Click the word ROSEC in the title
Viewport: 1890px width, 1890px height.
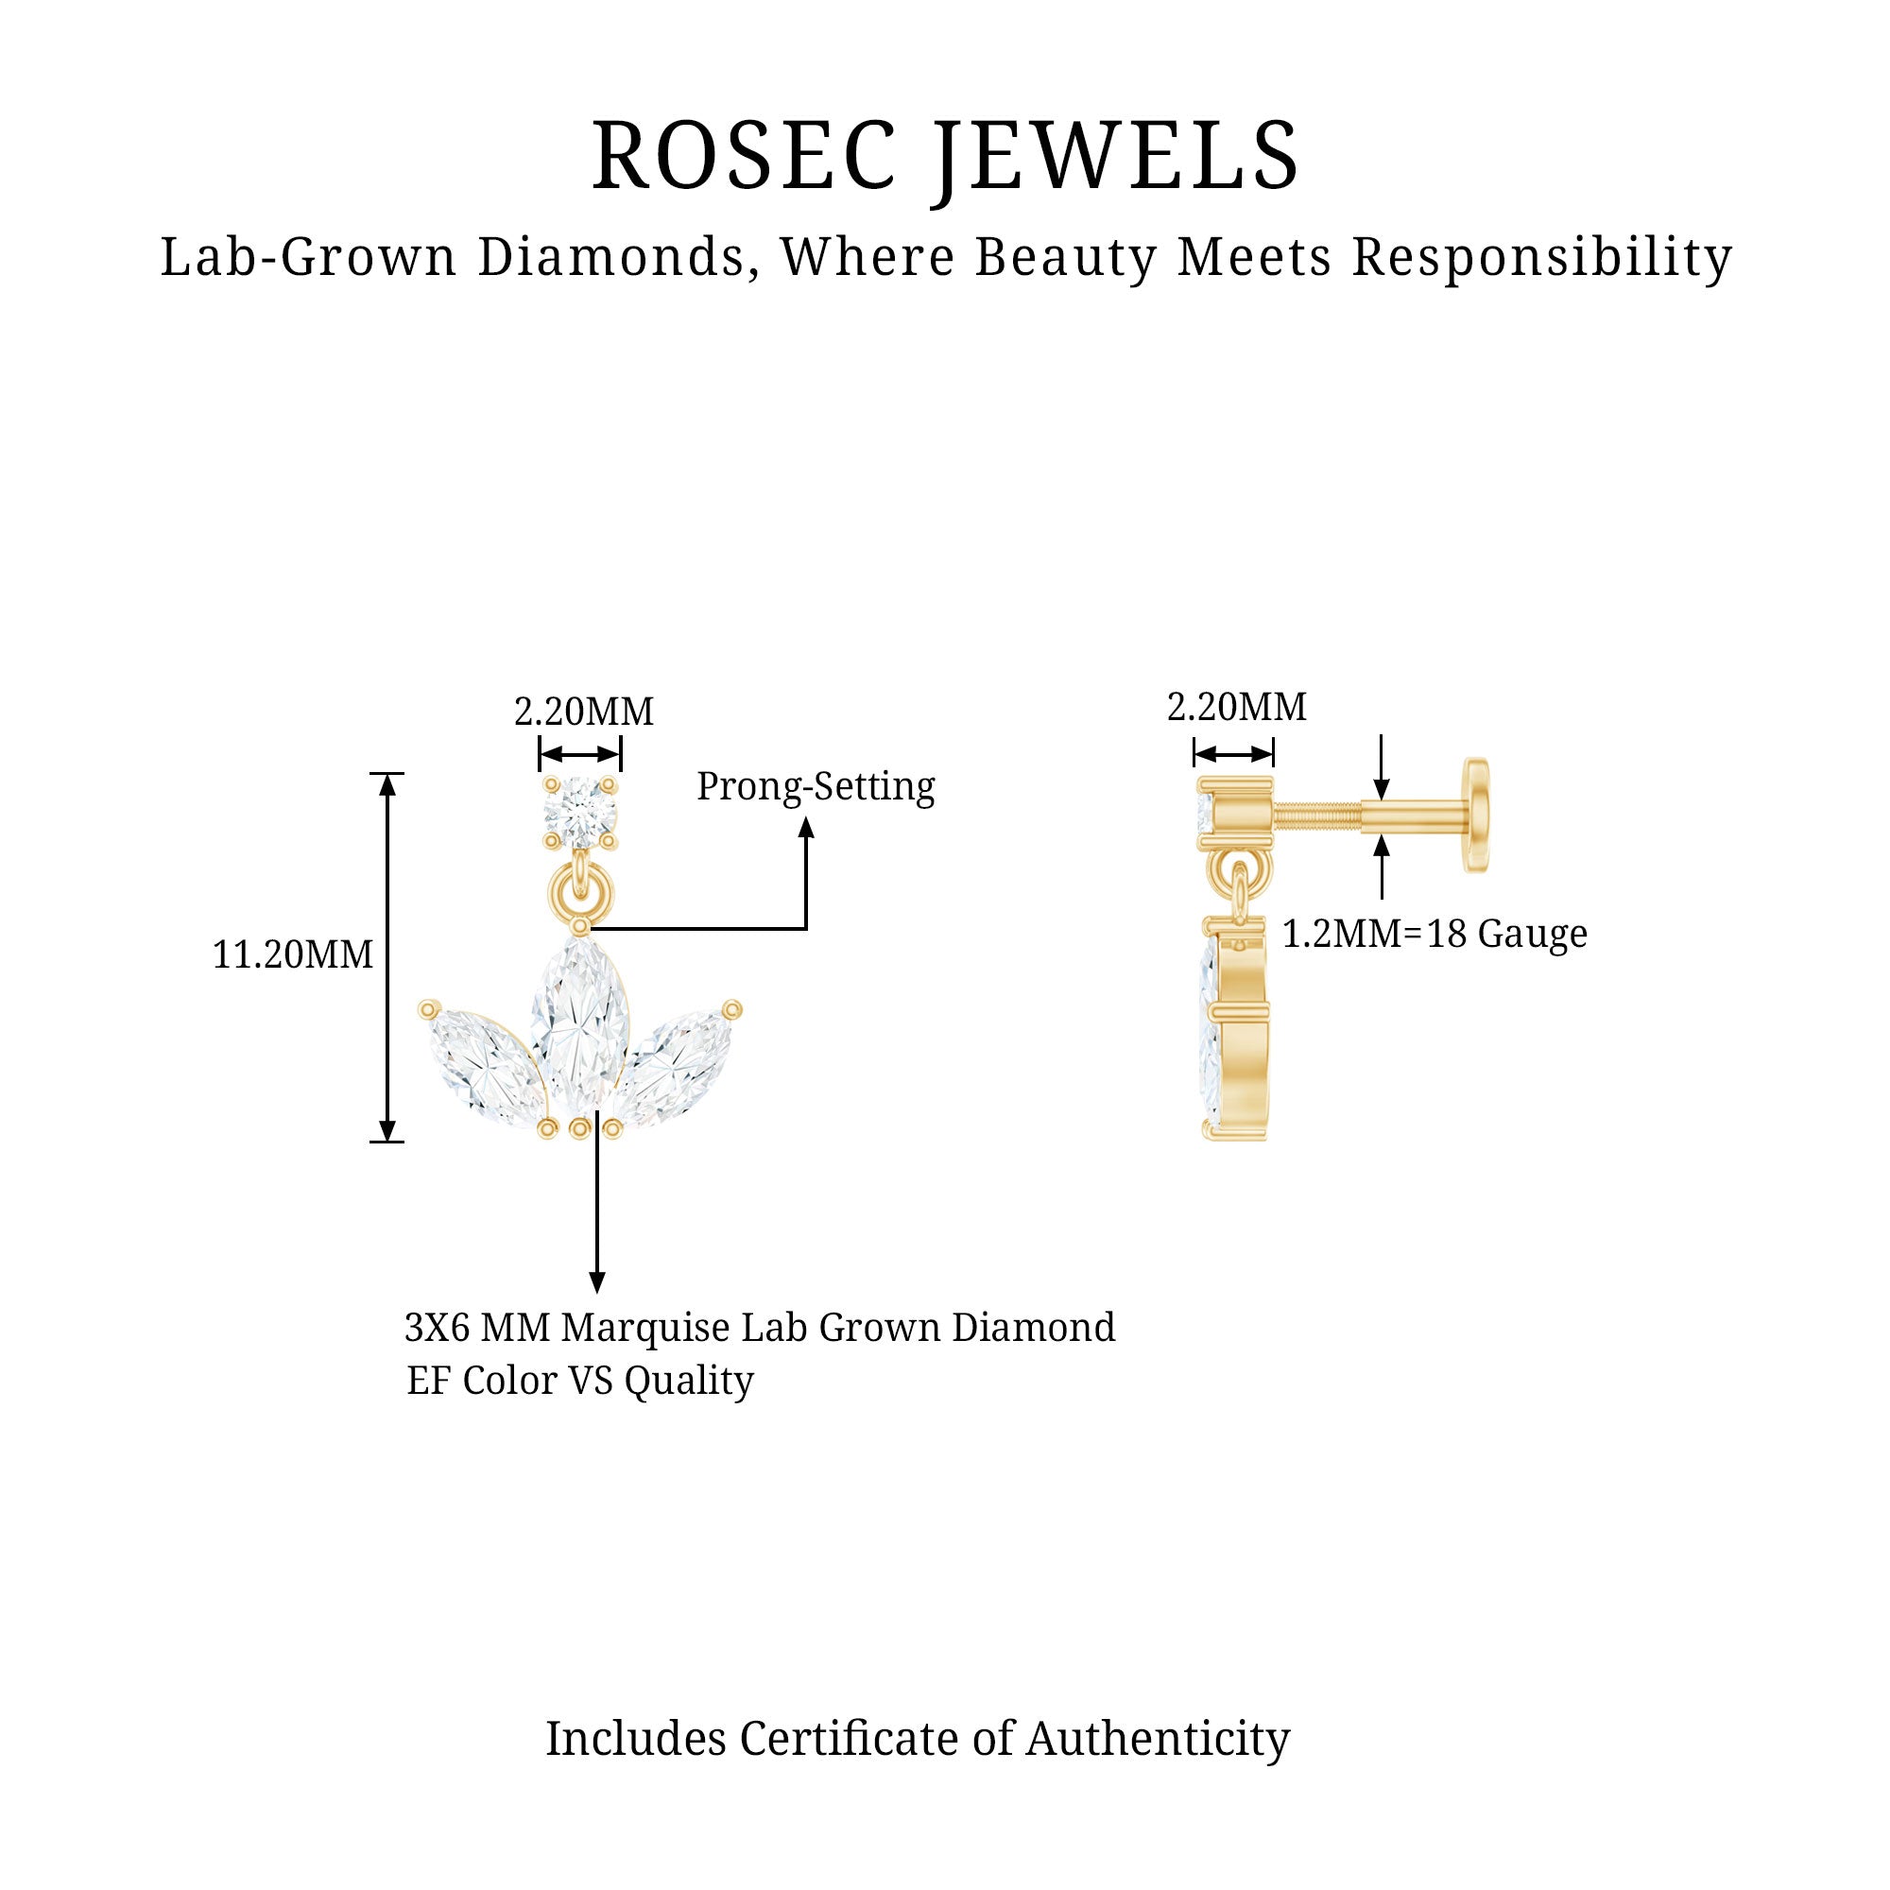tap(744, 157)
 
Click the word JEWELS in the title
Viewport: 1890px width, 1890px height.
tap(1115, 157)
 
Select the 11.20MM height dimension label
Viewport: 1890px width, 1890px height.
tap(293, 954)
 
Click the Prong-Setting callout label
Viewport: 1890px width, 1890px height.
tap(815, 786)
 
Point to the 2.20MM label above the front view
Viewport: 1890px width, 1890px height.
tap(583, 713)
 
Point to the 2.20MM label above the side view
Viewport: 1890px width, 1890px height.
tap(1236, 707)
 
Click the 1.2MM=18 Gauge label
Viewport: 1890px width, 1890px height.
tap(1435, 935)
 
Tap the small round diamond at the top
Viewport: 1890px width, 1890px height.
tap(580, 812)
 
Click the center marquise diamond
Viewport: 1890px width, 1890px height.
tap(579, 1022)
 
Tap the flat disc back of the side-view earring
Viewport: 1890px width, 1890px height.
tap(1475, 814)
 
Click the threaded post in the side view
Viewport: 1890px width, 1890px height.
tap(1315, 813)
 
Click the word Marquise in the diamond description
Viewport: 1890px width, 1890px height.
tap(645, 1329)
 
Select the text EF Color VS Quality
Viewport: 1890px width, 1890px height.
tap(580, 1381)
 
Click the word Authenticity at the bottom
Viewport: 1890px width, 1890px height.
tap(1158, 1739)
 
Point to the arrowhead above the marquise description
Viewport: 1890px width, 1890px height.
tap(596, 1281)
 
